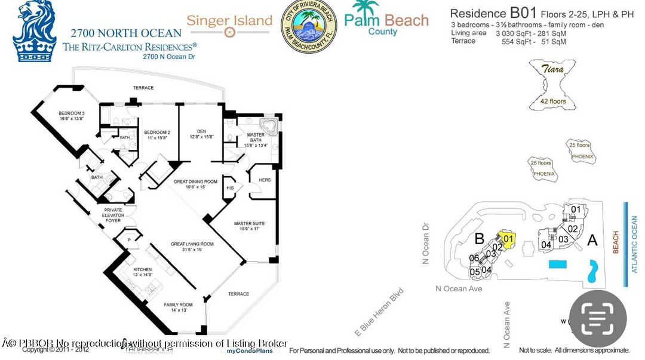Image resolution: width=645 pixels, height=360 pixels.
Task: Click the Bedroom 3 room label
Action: pos(72,116)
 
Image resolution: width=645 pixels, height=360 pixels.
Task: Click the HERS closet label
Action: pos(265,180)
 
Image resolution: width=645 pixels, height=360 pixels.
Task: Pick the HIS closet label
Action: pos(230,188)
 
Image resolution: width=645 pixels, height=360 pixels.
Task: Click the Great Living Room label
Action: pos(192,246)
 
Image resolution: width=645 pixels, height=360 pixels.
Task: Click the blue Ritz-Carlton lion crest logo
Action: pos(34,31)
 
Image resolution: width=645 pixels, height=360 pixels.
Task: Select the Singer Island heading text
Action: pos(229,20)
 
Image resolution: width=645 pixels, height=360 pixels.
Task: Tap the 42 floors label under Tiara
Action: pos(553,101)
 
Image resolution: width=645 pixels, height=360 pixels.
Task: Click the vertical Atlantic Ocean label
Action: pos(634,244)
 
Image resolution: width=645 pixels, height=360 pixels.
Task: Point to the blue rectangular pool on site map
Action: pos(558,264)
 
